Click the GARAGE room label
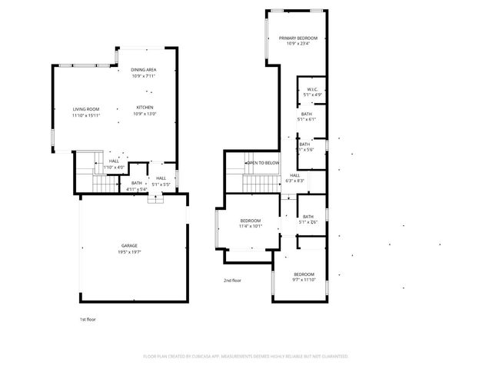128,245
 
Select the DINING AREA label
144,70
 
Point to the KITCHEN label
145,107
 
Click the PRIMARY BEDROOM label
298,38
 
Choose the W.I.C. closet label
311,89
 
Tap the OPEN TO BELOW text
263,163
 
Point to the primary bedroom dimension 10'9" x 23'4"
298,44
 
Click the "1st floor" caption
88,318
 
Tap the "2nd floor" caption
232,281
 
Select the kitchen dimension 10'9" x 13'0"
145,114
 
